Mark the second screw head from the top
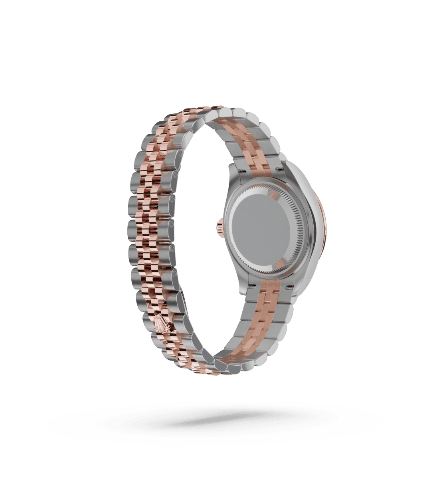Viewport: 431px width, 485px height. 174,175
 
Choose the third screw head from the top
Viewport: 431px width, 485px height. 172,198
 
